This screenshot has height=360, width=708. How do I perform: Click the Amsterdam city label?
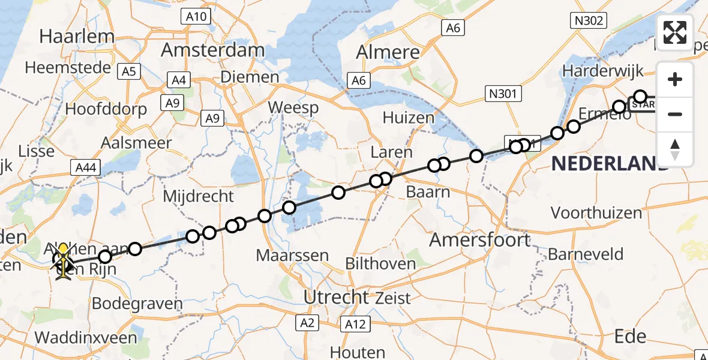213,50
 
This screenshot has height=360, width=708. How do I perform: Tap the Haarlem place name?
77,36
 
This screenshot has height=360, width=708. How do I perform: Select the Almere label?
388,52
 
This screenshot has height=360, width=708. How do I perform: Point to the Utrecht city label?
336,296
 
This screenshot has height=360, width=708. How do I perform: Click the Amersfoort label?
480,240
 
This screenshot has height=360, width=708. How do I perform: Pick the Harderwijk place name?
602,71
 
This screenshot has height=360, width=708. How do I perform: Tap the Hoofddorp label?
106,109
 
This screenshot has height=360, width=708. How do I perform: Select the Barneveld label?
586,254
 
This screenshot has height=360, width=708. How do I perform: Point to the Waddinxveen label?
86,337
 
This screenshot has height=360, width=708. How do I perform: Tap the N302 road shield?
587,21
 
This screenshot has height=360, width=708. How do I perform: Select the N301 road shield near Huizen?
503,94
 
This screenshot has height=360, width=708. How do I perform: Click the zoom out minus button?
675,114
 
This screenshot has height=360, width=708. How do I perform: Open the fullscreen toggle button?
675,32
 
